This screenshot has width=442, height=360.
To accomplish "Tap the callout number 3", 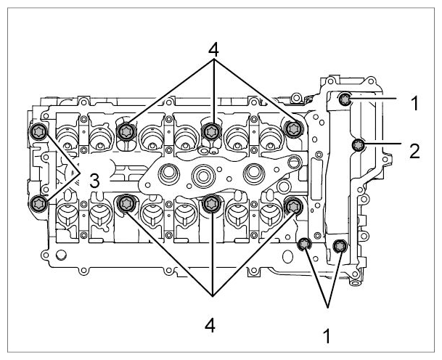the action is [94, 181].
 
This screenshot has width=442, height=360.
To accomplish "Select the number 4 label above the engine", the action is [213, 51].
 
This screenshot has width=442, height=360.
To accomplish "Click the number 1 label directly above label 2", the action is [414, 103].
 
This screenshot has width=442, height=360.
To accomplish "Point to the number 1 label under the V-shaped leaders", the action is [327, 335].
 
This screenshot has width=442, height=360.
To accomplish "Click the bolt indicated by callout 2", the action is [359, 145].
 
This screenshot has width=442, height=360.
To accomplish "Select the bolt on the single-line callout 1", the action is [345, 99].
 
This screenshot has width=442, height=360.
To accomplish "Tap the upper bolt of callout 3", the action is [38, 131].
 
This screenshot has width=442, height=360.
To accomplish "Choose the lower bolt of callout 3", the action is [38, 202].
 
